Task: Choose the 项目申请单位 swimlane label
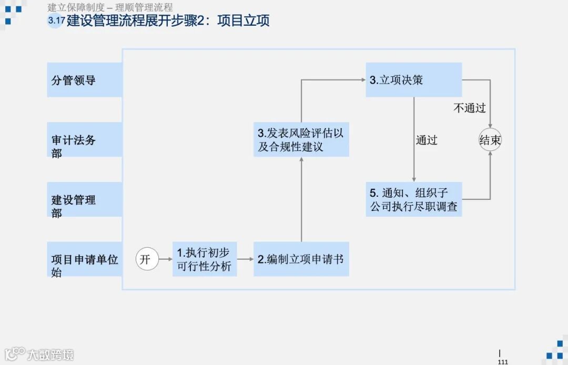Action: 84,259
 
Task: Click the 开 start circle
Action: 147,259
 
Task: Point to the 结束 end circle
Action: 490,140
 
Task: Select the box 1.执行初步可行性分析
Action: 205,259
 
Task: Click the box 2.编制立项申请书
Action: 301,259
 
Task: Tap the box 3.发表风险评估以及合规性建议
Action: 301,140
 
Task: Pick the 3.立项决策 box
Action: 413,80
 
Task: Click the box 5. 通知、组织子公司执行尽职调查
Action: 413,199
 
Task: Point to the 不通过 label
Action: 470,108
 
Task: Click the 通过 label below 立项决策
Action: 427,140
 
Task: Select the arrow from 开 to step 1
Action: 166,259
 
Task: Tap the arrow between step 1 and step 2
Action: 245,259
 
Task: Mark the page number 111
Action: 502,362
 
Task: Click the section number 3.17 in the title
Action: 56,22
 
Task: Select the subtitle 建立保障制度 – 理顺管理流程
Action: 110,8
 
